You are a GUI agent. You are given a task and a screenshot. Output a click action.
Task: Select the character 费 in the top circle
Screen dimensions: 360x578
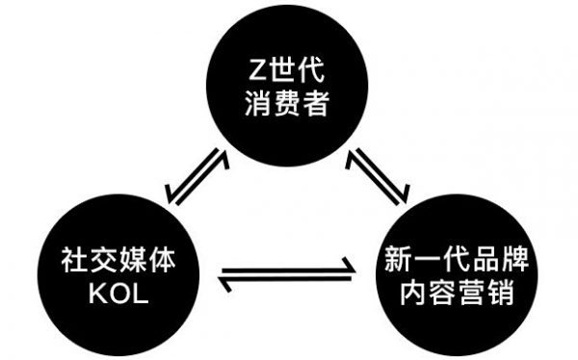click(x=285, y=102)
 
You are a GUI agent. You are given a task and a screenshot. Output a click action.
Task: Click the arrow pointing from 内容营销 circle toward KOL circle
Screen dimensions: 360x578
click(x=286, y=281)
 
